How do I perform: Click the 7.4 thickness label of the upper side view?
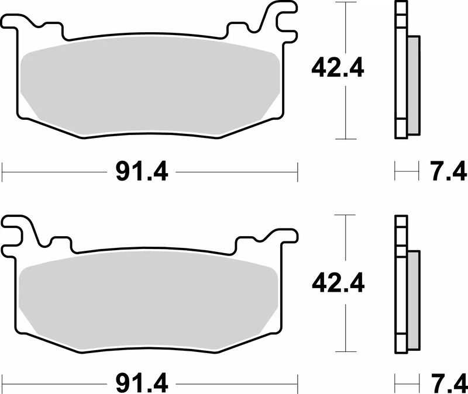447,172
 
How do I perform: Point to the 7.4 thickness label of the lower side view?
447,384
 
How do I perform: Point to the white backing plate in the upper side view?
401,70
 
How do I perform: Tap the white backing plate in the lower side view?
401,286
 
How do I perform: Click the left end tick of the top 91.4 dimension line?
3,172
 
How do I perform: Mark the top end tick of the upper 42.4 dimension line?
346,2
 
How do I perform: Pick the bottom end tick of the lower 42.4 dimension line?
346,353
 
